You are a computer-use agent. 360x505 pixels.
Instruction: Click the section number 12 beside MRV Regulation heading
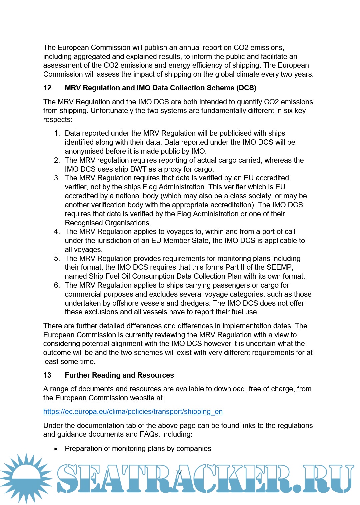point(47,88)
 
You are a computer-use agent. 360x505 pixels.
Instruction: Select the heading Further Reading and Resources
point(119,375)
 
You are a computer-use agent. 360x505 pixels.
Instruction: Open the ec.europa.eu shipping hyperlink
point(133,412)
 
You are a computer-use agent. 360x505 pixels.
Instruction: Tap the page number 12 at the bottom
point(179,472)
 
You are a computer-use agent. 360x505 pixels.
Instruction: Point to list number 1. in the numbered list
point(57,133)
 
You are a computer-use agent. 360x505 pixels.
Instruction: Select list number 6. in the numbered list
point(57,285)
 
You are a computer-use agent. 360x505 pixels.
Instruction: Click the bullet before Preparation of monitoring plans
point(56,449)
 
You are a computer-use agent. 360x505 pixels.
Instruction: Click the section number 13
point(47,375)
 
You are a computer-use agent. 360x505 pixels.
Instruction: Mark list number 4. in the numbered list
point(57,232)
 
